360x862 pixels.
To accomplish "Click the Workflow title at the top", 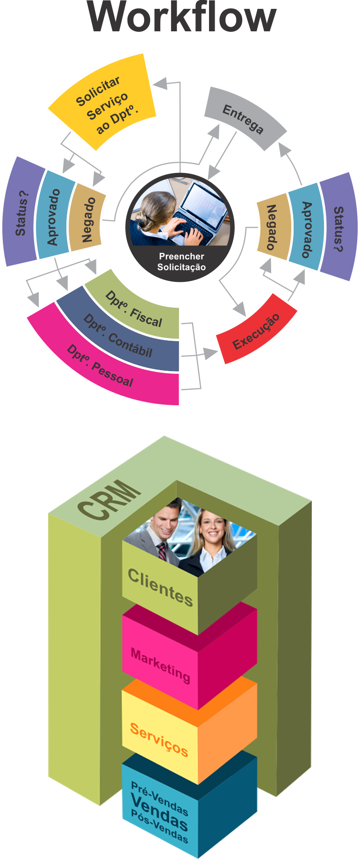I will click(182, 18).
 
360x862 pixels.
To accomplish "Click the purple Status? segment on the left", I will click(22, 213).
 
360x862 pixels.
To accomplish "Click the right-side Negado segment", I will click(272, 227).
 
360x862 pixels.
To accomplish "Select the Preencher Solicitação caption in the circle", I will click(181, 262).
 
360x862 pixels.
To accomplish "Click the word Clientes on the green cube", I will click(160, 587).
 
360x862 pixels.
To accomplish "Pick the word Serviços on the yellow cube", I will click(159, 739).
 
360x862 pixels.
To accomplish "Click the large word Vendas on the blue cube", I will click(159, 812).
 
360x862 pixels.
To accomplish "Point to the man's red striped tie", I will click(162, 552).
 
